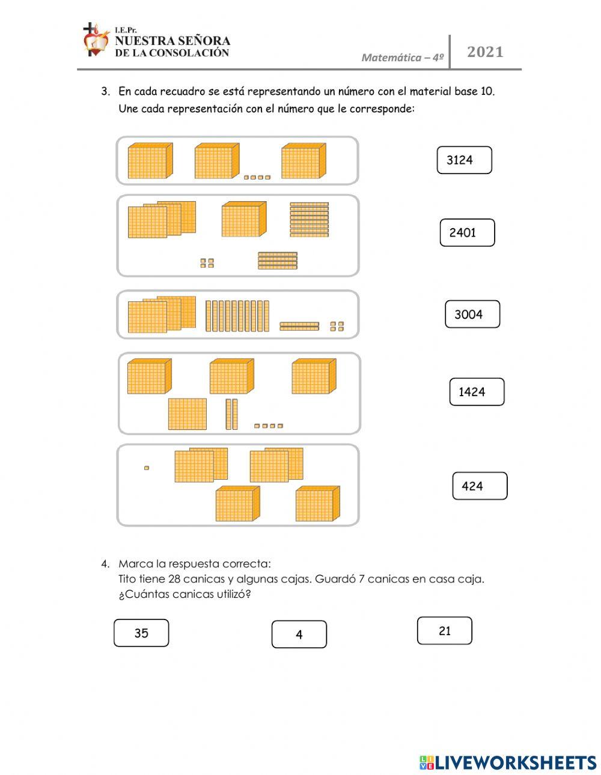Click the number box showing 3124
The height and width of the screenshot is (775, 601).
(x=464, y=160)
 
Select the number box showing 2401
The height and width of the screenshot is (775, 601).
(x=467, y=233)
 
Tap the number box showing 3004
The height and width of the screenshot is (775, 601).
(x=472, y=315)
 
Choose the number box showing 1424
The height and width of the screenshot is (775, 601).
(x=477, y=392)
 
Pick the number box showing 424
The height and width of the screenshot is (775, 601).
(x=479, y=486)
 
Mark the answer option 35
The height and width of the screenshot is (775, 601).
(x=141, y=633)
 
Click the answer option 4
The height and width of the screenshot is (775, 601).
(x=299, y=635)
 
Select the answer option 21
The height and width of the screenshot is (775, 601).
(x=444, y=631)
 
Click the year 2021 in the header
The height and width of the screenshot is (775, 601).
(x=485, y=52)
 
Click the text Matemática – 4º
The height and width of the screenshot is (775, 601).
(x=402, y=58)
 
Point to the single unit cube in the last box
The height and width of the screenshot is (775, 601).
(x=146, y=468)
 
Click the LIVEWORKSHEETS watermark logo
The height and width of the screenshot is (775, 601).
(x=508, y=762)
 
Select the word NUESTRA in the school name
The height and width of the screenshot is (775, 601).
(x=143, y=41)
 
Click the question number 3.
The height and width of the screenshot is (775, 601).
(x=105, y=92)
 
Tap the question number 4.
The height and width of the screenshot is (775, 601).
(x=105, y=564)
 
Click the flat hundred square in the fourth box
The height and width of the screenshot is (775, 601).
(x=187, y=414)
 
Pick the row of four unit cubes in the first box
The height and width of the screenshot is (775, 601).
(x=257, y=177)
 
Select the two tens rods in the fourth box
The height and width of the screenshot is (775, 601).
(x=231, y=414)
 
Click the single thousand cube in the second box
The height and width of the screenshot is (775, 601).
(x=243, y=220)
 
